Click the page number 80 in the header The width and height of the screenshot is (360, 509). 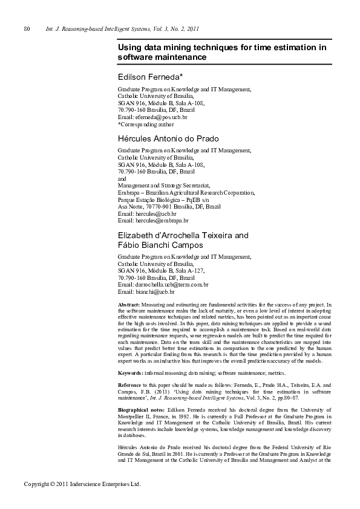[x=27, y=29]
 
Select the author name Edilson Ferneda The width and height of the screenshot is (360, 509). [x=154, y=78]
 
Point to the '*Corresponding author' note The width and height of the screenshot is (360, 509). [x=145, y=125]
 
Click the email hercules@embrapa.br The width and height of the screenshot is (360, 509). [x=153, y=221]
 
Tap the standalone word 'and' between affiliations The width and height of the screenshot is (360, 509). [x=122, y=179]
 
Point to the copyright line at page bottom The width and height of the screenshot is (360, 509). [x=82, y=484]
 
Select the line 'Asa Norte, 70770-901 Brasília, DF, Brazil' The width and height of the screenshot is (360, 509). [x=169, y=206]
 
